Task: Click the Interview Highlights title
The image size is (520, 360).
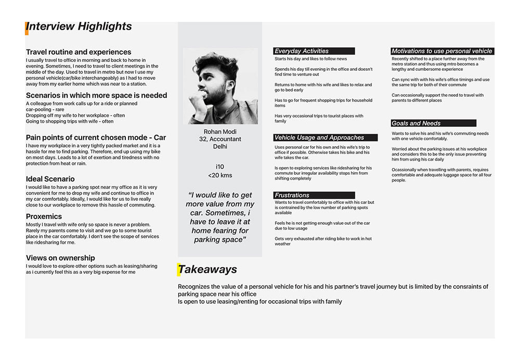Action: [79, 27]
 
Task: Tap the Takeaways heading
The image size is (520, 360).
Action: [207, 269]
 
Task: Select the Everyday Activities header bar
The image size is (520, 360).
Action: [314, 51]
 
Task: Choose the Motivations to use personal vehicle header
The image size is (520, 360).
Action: [441, 51]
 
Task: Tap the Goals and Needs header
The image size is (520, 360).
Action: [433, 123]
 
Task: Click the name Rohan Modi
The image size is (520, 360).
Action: [219, 132]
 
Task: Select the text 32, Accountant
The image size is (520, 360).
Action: [219, 139]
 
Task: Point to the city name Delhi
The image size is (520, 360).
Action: [219, 147]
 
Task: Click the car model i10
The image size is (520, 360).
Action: [219, 166]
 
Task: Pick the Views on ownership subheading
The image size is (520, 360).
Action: [60, 258]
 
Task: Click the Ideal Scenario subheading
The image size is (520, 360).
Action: [51, 179]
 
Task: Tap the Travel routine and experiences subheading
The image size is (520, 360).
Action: [79, 52]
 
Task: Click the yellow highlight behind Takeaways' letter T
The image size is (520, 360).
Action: [180, 269]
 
